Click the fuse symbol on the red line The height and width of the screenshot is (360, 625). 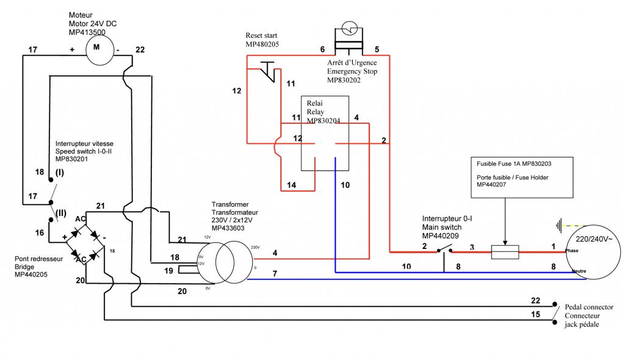click(505, 251)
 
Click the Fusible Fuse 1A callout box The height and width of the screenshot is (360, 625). click(522, 177)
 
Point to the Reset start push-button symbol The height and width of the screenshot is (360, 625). click(268, 71)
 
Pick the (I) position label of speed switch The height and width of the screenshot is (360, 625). click(60, 172)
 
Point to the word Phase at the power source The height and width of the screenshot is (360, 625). click(573, 250)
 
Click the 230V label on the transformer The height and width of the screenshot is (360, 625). click(255, 247)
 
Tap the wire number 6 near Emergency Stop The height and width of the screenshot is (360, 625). click(322, 49)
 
